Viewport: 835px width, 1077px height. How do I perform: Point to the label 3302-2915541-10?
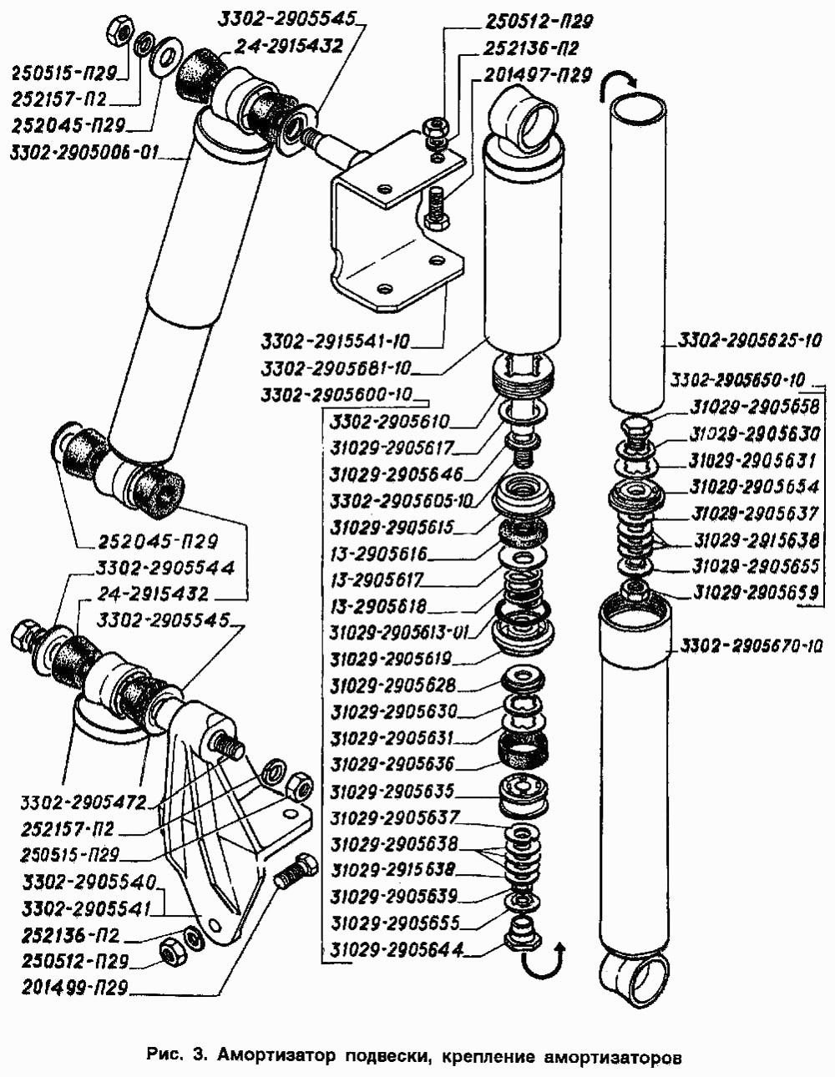click(337, 341)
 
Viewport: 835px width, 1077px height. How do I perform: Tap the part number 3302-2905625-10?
click(750, 340)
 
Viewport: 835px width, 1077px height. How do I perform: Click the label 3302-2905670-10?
click(751, 645)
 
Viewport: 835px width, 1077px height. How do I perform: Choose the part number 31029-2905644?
click(396, 949)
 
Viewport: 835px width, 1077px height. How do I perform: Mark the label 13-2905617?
click(377, 579)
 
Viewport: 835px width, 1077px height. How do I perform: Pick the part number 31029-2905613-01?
click(399, 632)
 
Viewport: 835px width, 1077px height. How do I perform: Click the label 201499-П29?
click(76, 988)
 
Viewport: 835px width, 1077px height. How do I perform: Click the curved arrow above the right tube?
click(620, 80)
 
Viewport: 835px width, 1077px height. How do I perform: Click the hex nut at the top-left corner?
click(119, 32)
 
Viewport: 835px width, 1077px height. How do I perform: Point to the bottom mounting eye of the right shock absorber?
click(634, 979)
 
